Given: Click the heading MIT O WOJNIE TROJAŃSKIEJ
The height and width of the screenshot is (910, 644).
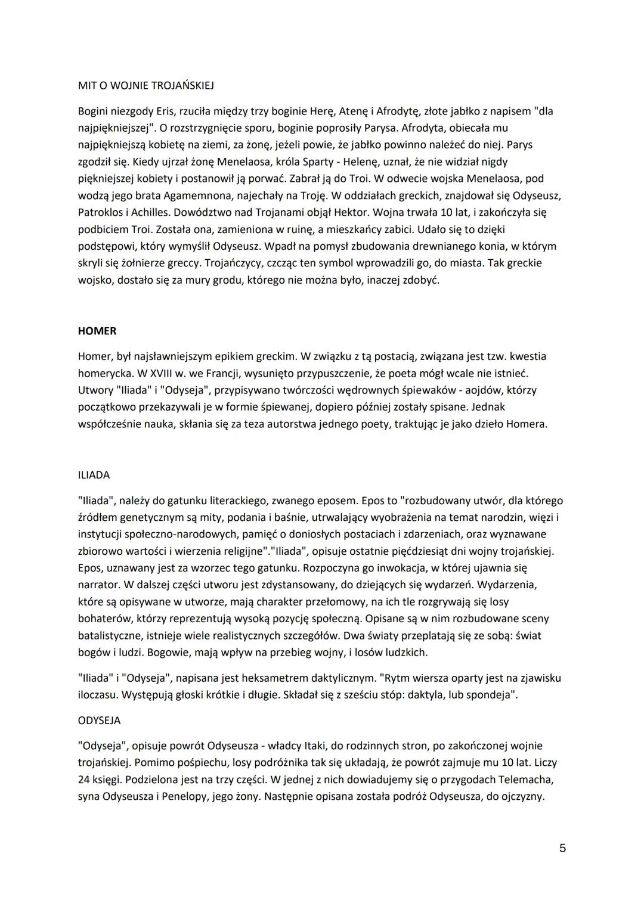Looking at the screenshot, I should pyautogui.click(x=146, y=85).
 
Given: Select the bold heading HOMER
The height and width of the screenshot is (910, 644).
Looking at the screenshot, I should pyautogui.click(x=97, y=331).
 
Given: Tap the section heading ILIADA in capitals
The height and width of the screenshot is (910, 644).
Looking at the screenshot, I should pyautogui.click(x=94, y=475).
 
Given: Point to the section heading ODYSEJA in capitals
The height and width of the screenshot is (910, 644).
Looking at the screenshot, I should pyautogui.click(x=99, y=720).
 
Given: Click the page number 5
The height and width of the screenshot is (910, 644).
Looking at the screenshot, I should pyautogui.click(x=562, y=848).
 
